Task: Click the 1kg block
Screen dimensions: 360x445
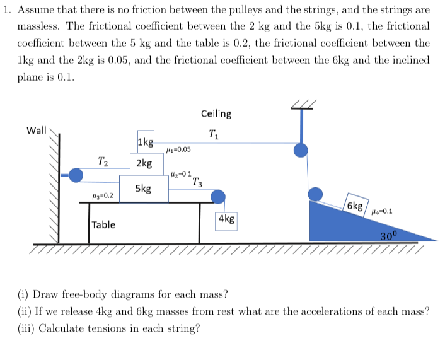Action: [x=146, y=142]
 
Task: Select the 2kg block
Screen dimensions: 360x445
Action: [x=144, y=163]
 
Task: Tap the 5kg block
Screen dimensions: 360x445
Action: [x=143, y=189]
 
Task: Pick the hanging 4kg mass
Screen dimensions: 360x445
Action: [x=226, y=219]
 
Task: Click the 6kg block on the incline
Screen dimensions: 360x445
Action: [x=355, y=206]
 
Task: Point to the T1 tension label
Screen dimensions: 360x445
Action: [x=214, y=133]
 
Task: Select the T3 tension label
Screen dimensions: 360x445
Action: [x=197, y=183]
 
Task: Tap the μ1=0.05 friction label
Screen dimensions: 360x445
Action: [x=178, y=150]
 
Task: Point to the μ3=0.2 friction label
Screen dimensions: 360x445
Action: [x=102, y=196]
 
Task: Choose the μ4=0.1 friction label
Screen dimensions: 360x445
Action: [x=383, y=212]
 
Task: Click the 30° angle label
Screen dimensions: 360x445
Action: [x=390, y=236]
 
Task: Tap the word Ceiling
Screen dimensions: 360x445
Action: [x=216, y=114]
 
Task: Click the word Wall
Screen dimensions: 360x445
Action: [x=37, y=131]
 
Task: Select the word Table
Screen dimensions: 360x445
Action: [x=103, y=224]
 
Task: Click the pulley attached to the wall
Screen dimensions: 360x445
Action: [x=76, y=175]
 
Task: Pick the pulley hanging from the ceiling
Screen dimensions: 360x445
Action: [x=302, y=149]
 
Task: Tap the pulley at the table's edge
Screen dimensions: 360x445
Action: [x=218, y=197]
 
